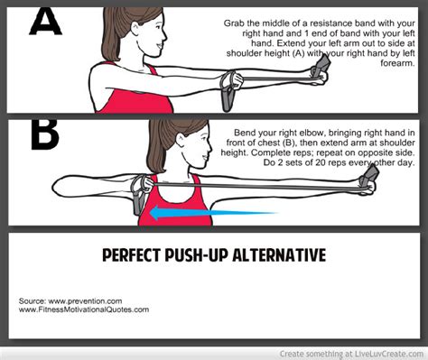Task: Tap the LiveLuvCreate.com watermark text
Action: (x=387, y=353)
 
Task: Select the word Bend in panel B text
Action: (x=247, y=132)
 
